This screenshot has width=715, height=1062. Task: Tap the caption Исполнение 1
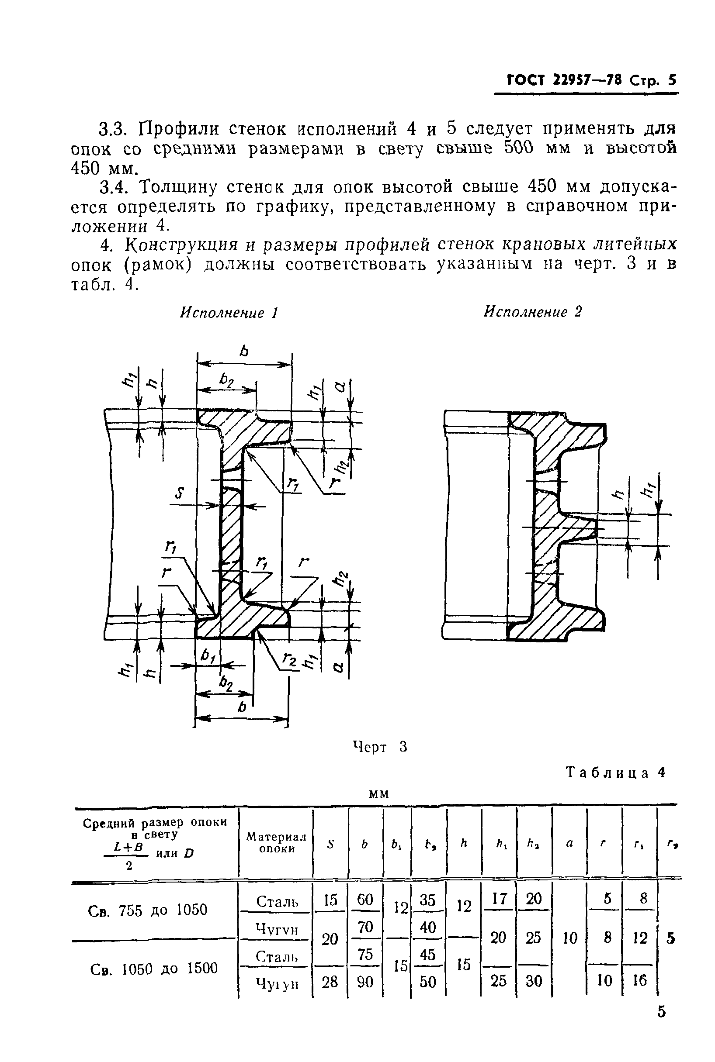pos(229,313)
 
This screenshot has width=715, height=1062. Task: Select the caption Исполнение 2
pos(533,312)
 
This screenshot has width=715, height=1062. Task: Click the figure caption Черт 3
pos(380,747)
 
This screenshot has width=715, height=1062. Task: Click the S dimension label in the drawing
pos(180,493)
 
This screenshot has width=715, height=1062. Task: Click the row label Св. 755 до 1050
pos(147,910)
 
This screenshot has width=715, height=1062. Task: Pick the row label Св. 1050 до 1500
pos(154,968)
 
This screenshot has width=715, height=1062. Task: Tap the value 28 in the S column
pos(330,981)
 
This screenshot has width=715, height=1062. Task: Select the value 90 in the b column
pos(365,981)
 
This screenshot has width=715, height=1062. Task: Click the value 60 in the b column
pos(365,900)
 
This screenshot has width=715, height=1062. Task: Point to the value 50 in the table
pos(428,981)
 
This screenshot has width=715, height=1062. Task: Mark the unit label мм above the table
pos(378,793)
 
